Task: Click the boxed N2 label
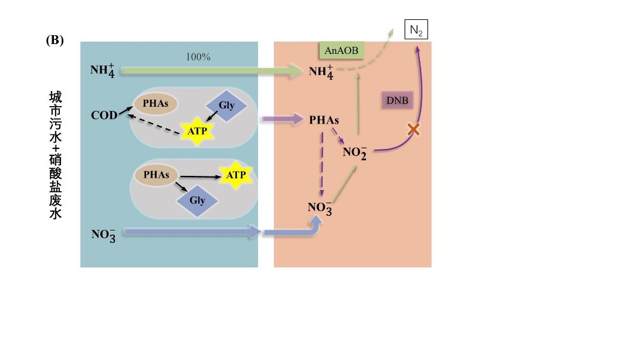click(x=416, y=30)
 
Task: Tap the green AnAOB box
click(x=341, y=51)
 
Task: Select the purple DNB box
click(x=397, y=101)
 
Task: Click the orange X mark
click(x=413, y=130)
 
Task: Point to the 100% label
click(x=198, y=57)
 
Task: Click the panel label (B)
click(x=55, y=40)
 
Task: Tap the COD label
click(x=104, y=116)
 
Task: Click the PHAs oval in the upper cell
click(x=156, y=104)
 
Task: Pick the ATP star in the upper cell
click(x=197, y=131)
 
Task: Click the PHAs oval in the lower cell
click(x=156, y=175)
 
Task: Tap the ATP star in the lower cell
click(x=236, y=175)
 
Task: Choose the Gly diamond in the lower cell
click(x=197, y=201)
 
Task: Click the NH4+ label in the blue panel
click(x=103, y=71)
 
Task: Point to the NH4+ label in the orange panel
click(x=321, y=72)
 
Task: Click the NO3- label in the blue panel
click(x=103, y=235)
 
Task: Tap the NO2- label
click(x=355, y=154)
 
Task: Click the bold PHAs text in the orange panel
click(x=324, y=120)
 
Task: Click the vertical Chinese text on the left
click(x=55, y=155)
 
